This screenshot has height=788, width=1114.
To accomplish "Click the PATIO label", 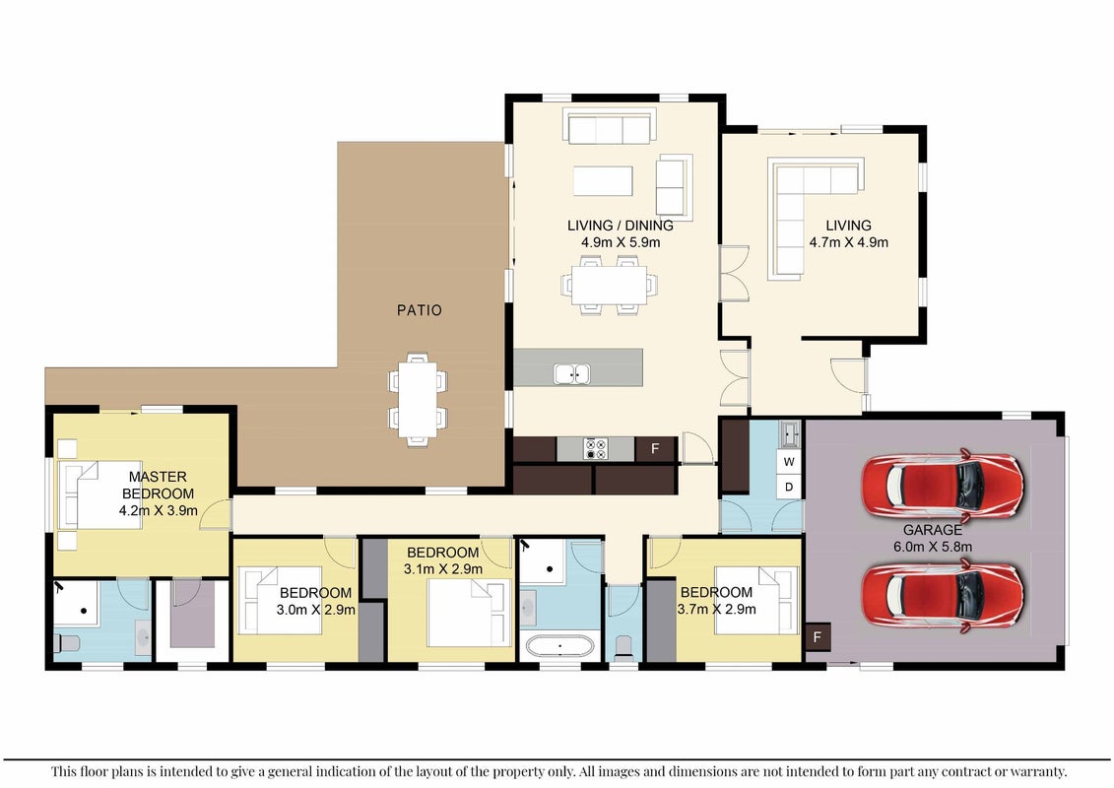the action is pos(420,310).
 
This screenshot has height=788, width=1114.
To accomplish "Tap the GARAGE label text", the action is pos(932,530).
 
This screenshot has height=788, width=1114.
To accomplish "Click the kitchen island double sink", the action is pos(572,373).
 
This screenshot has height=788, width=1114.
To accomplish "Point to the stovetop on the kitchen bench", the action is pos(595,449).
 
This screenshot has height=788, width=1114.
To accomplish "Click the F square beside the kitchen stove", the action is pos(655,448).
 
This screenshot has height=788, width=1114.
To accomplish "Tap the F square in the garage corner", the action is pos(817,636).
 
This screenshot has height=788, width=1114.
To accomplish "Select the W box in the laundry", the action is pos(789,462).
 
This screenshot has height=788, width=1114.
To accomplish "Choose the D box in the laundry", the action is pos(789,487).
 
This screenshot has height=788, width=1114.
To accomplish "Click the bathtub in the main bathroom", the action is pos(559,647).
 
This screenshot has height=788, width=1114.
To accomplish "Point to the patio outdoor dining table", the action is pos(418,399).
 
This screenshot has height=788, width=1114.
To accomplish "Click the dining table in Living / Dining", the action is pos(609,285).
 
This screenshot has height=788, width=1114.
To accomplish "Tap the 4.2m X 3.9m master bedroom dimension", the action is pos(159,510).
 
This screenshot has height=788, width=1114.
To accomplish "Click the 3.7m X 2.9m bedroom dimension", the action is pos(716,609).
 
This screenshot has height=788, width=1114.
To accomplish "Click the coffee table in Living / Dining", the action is pos(603,180).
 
